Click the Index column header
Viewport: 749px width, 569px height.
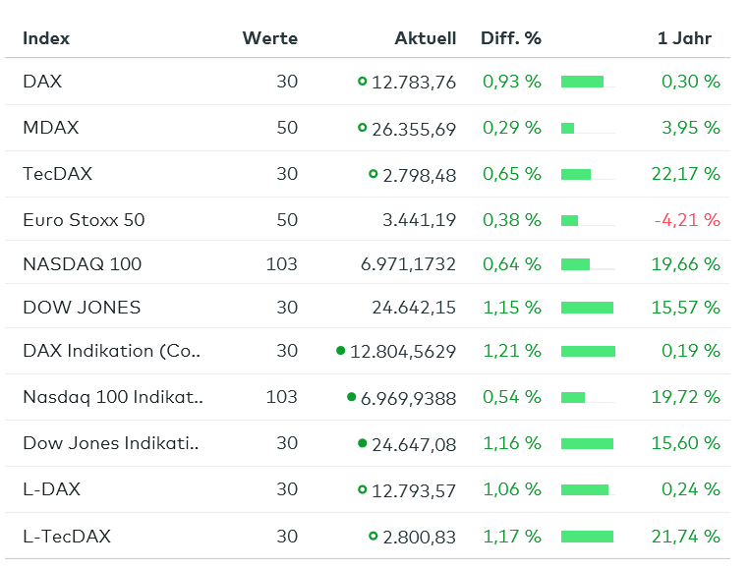[x=46, y=38]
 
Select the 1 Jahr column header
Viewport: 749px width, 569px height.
[x=684, y=38]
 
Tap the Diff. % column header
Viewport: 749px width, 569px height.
[x=511, y=38]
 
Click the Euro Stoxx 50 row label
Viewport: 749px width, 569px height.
[x=84, y=220]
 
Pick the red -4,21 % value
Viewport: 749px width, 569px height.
[x=686, y=220]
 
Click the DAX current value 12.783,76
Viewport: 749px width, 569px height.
[x=414, y=82]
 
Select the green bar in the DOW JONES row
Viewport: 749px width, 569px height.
[x=587, y=308]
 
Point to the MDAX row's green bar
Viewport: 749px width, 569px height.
[x=567, y=128]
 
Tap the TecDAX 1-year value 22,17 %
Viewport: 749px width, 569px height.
[x=685, y=174]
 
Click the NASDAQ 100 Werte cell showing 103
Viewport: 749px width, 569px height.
[x=281, y=263]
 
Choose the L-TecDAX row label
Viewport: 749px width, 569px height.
[x=67, y=537]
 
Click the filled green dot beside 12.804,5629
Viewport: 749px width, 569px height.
[x=340, y=350]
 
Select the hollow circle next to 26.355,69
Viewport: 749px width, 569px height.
[x=362, y=128]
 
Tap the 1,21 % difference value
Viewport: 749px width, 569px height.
[x=511, y=351]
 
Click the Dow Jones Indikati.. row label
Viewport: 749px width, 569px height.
[x=111, y=443]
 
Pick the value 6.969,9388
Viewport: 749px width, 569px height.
[x=408, y=398]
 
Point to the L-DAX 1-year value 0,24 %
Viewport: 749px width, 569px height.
[x=691, y=489]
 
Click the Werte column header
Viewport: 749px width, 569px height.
[x=269, y=38]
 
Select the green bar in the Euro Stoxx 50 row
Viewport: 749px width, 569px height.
[x=569, y=220]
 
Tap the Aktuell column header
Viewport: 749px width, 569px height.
[x=425, y=38]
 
